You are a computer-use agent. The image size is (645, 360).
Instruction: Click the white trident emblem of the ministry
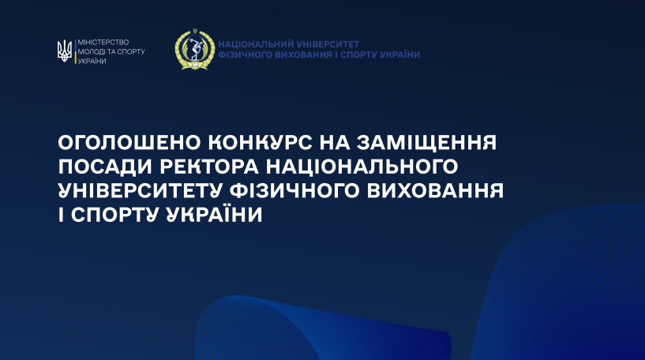tap(65, 51)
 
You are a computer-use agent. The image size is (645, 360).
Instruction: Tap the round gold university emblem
tap(194, 50)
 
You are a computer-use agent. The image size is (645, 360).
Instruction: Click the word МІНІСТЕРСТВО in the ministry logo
tap(103, 42)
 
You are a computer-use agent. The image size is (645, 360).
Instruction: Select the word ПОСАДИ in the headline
tap(105, 167)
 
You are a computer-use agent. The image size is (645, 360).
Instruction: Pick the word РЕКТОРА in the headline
tap(209, 167)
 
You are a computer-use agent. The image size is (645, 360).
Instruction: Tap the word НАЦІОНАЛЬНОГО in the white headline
tap(362, 167)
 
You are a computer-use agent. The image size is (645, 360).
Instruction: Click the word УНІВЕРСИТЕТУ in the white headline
tap(141, 190)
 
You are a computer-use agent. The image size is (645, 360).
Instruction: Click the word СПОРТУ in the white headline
tap(115, 215)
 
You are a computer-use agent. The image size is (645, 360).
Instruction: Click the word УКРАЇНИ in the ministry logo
tap(92, 62)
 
